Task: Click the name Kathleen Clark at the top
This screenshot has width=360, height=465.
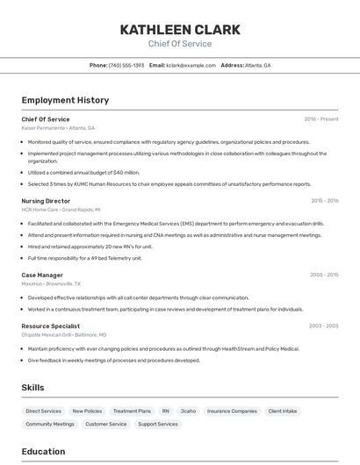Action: click(x=180, y=29)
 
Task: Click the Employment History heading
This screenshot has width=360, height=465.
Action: click(x=65, y=100)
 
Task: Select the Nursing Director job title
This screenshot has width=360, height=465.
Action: click(x=46, y=201)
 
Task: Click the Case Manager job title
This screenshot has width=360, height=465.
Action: click(x=42, y=275)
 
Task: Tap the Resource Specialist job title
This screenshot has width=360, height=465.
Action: click(x=50, y=325)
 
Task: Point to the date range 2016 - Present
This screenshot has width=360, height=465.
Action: click(x=321, y=119)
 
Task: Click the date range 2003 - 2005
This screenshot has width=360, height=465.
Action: click(x=323, y=325)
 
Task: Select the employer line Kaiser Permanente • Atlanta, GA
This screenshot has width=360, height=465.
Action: click(x=60, y=128)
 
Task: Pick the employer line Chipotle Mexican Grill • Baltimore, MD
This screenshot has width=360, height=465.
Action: click(x=64, y=334)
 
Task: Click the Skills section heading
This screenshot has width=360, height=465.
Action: click(x=32, y=387)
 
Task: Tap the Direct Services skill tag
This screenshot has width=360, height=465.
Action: click(x=44, y=411)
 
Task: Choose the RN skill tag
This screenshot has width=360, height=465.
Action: click(x=165, y=411)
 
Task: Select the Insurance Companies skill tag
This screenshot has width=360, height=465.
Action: click(x=232, y=411)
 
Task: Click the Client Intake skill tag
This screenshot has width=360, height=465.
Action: click(x=283, y=411)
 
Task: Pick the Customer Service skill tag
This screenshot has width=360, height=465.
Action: click(x=106, y=424)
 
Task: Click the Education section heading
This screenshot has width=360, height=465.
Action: click(x=43, y=452)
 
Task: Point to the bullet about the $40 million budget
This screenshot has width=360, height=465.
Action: click(x=83, y=173)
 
